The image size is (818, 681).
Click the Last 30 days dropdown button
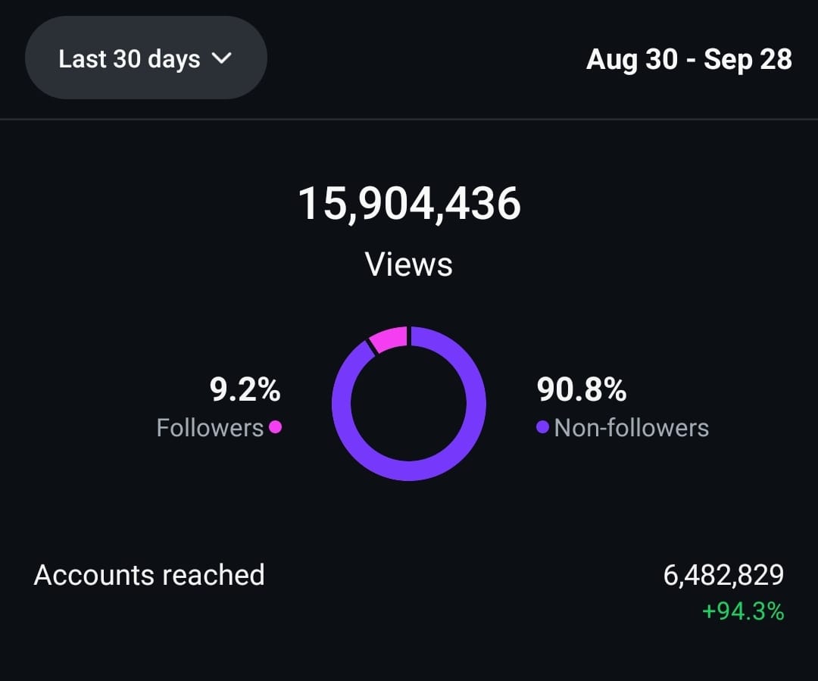pos(146,58)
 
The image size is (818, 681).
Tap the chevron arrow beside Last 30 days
pos(222,58)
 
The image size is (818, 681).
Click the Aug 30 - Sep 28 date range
pos(689,60)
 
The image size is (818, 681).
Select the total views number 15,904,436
pos(410,204)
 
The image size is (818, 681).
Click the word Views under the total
pos(408,264)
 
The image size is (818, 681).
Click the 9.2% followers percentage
pos(245,389)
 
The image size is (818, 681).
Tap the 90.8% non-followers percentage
pos(582,389)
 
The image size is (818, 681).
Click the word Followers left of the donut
pos(211,428)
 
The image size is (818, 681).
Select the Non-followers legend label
pos(631,428)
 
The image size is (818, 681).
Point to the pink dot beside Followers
pos(276,427)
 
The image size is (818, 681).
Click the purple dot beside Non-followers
pos(542,427)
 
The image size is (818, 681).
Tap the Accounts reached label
pos(149,575)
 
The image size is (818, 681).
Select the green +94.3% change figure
pos(743,611)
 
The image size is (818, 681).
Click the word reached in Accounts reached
pos(214,575)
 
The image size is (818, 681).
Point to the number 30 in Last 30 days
pos(127,59)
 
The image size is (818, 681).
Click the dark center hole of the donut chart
pos(409,404)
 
